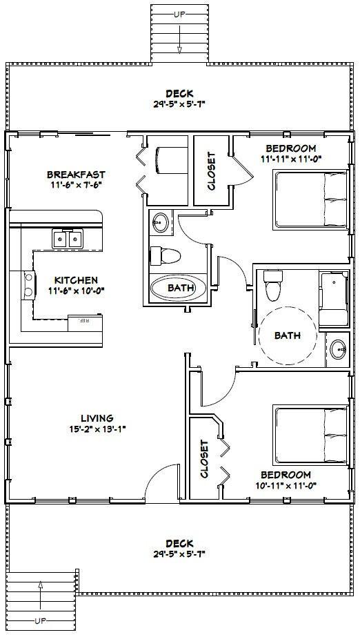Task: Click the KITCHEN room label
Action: (x=76, y=280)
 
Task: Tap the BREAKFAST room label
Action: (x=76, y=174)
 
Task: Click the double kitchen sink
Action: (x=68, y=239)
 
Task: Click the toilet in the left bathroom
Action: (x=166, y=255)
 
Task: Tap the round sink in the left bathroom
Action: (x=161, y=222)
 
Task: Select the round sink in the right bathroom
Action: (x=337, y=349)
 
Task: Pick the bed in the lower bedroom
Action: (x=310, y=435)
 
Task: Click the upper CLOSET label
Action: (x=211, y=170)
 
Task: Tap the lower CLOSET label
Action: (x=204, y=459)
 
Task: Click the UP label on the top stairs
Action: (x=179, y=13)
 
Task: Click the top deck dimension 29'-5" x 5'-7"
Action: (x=179, y=104)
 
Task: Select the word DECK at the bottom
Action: (x=179, y=543)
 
